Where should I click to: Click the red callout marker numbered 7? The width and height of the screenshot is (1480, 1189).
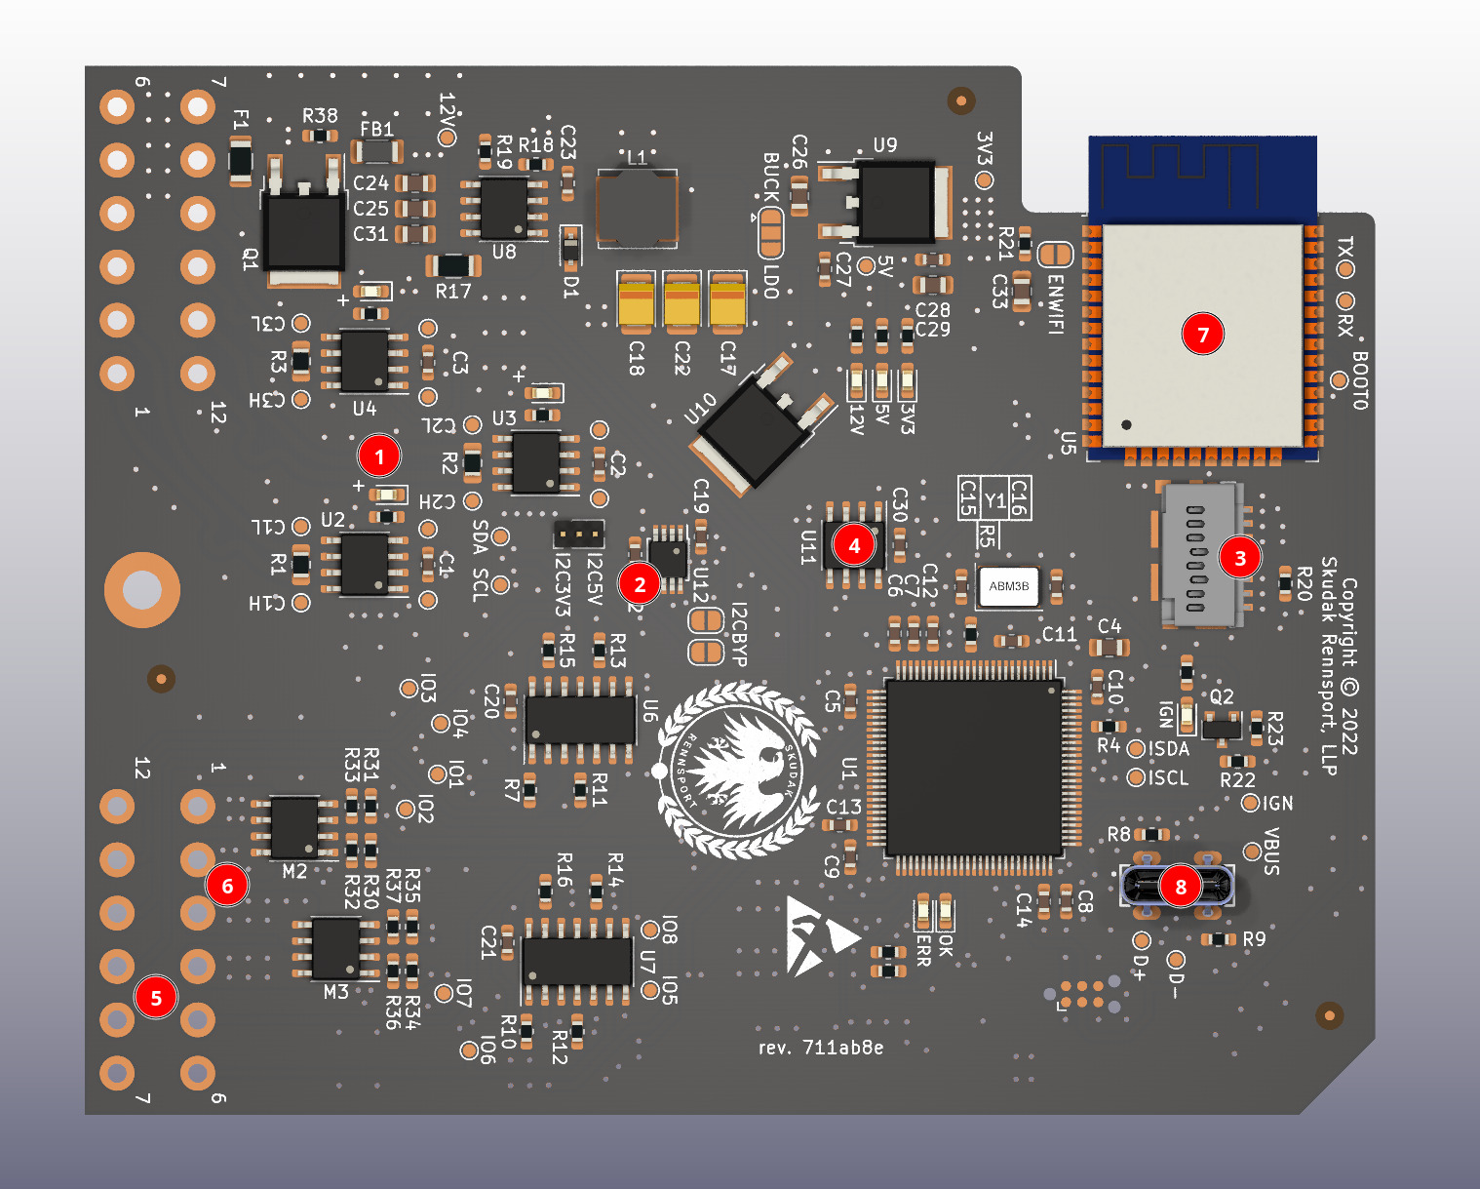tap(1203, 335)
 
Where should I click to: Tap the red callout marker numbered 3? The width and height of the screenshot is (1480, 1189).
tap(1240, 558)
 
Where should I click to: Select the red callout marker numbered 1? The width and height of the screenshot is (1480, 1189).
tap(379, 456)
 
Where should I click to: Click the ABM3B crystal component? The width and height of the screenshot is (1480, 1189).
tap(1008, 586)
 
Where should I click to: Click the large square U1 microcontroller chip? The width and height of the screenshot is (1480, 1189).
tap(974, 768)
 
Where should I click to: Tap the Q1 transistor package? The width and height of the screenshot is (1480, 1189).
tap(304, 231)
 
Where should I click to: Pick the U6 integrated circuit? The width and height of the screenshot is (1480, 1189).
tap(580, 721)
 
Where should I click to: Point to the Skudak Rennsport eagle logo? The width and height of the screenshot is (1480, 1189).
tap(737, 771)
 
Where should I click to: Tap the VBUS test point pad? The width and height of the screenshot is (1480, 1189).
tap(1252, 852)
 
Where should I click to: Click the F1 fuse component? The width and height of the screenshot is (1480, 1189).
tap(240, 160)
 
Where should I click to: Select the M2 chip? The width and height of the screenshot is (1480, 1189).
tap(293, 827)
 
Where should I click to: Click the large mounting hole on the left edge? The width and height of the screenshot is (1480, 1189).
tap(142, 589)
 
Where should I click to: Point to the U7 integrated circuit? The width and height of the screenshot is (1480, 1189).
tap(577, 961)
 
